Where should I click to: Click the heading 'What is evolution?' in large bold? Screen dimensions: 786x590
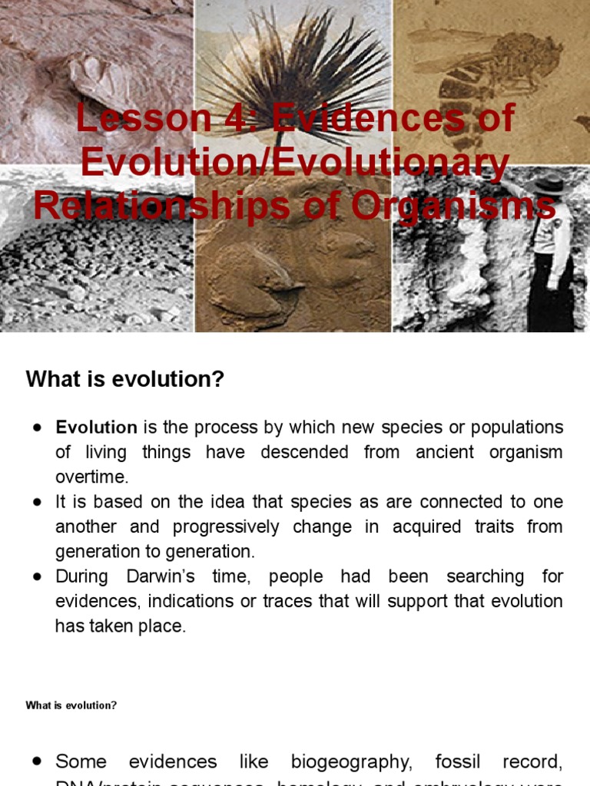pyautogui.click(x=124, y=378)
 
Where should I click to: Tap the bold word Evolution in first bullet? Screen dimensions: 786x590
pyautogui.click(x=96, y=428)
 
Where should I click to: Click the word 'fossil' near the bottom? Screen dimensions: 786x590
pyautogui.click(x=459, y=762)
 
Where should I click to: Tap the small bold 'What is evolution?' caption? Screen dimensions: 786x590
pyautogui.click(x=71, y=705)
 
